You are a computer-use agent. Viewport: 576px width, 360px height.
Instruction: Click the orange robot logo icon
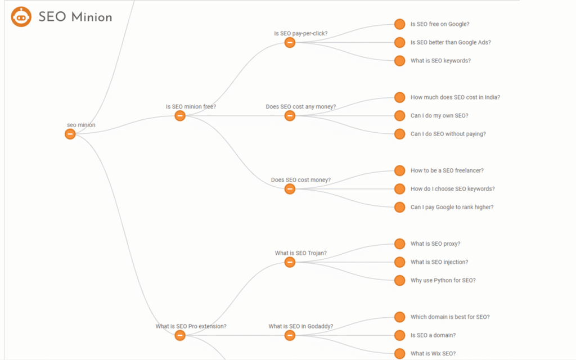(x=21, y=17)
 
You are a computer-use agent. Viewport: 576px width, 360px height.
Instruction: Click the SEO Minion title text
(x=75, y=17)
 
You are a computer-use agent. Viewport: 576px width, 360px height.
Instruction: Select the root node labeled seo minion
(x=70, y=134)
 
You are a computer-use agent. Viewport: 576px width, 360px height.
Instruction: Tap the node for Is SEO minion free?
(x=179, y=116)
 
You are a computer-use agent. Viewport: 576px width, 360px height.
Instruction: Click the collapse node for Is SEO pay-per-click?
(x=290, y=43)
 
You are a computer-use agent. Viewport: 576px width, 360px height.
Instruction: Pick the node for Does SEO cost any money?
(x=290, y=116)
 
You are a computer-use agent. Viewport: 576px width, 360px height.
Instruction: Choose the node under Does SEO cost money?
(x=290, y=189)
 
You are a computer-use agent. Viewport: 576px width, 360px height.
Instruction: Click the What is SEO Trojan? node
(x=290, y=262)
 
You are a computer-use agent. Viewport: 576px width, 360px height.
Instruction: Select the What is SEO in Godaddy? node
(x=290, y=335)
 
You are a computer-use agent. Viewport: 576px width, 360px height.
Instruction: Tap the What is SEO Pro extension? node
(x=179, y=335)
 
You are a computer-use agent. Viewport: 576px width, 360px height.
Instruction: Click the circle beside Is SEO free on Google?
(x=400, y=24)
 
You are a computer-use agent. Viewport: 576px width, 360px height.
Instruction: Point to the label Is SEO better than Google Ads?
(x=451, y=43)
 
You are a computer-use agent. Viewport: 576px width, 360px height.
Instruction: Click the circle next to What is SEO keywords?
(x=400, y=61)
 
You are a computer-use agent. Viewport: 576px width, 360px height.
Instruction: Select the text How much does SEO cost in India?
(x=455, y=97)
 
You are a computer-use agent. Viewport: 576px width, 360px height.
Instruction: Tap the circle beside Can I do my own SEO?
(x=400, y=116)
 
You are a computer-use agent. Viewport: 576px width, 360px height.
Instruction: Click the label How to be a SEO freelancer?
(x=447, y=170)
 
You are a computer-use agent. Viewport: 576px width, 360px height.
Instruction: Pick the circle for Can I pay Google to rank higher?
(x=400, y=207)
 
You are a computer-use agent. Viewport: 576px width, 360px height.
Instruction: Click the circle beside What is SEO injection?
(x=400, y=262)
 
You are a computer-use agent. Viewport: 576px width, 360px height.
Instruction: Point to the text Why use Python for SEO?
(x=443, y=280)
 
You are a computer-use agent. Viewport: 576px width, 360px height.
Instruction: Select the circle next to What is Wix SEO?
(x=400, y=353)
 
